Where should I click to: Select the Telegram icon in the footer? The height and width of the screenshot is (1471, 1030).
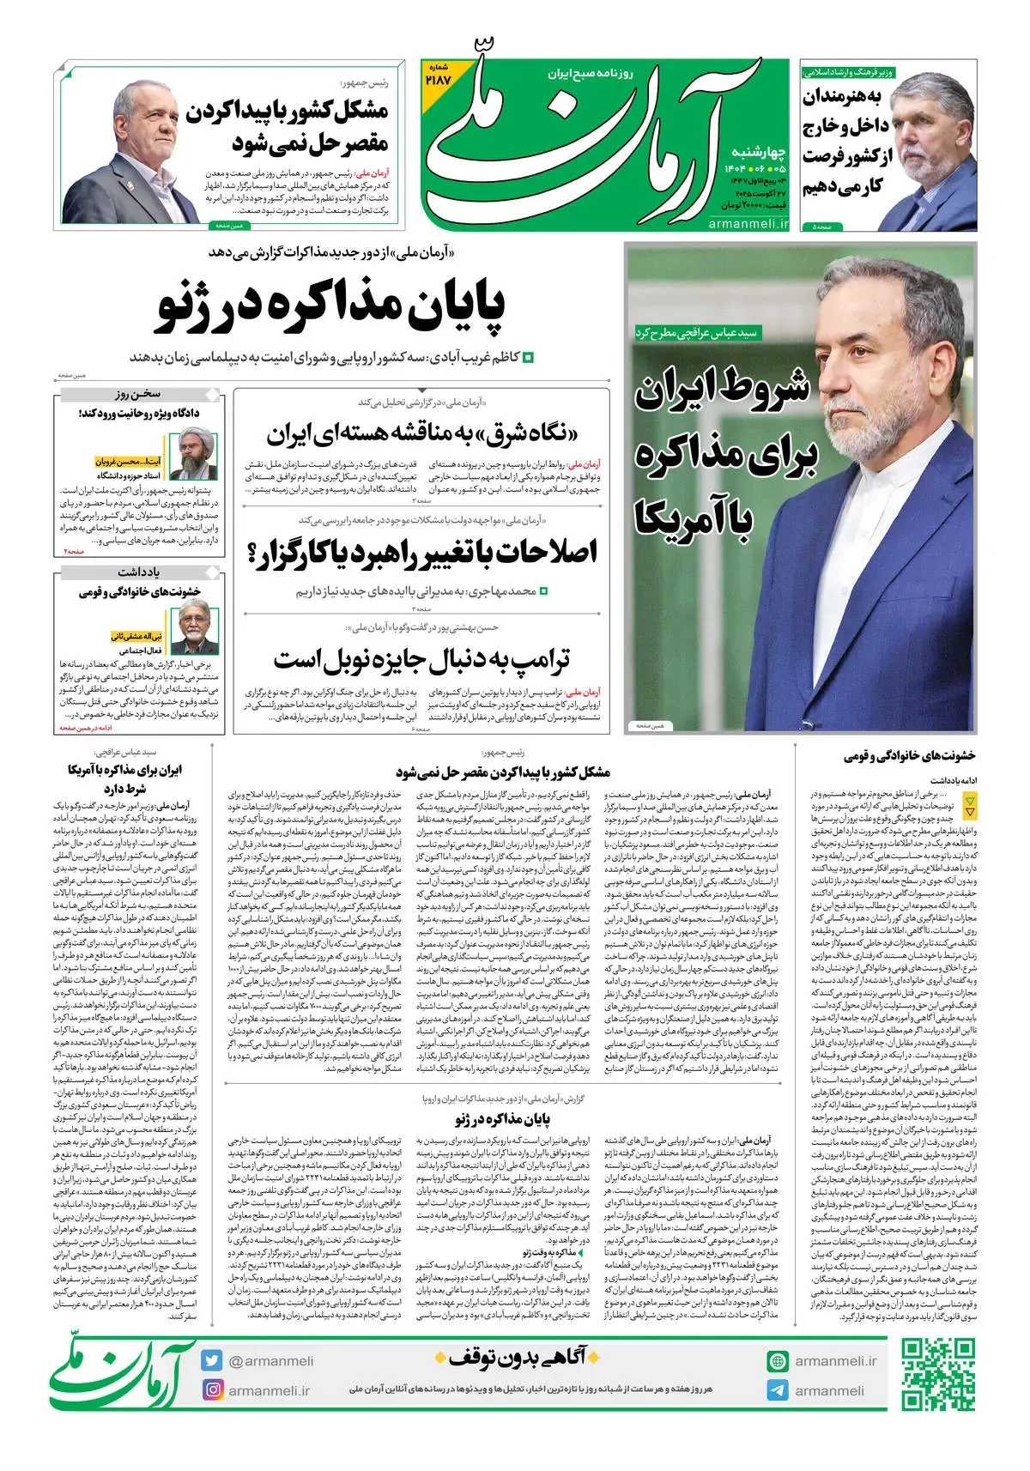pos(778,1390)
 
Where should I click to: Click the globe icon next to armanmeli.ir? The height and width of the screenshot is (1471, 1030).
pos(778,1361)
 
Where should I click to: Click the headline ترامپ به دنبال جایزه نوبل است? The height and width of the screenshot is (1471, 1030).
pos(421,660)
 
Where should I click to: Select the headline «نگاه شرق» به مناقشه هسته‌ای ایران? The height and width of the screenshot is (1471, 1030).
pos(421,433)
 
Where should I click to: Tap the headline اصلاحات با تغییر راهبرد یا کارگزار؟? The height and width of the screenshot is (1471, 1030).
pos(421,552)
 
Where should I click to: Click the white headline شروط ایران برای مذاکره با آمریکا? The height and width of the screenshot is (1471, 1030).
pos(723,455)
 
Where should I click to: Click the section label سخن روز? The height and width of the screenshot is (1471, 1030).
pos(138,394)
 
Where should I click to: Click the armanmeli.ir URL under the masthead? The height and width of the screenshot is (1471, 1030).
pos(748,223)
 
